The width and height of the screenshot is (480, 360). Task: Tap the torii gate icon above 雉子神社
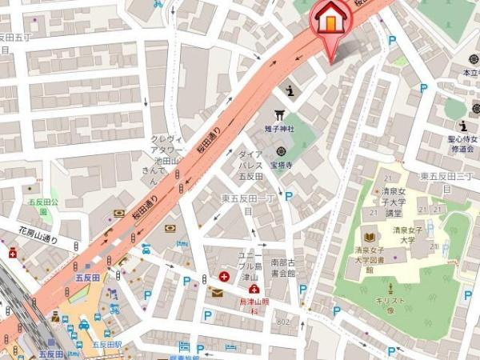(x=280, y=114)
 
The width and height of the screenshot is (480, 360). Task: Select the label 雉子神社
(x=280, y=128)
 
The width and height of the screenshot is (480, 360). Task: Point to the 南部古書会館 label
(x=283, y=267)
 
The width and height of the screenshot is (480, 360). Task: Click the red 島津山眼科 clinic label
(x=253, y=306)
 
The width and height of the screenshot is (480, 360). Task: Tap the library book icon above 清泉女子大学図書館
(x=369, y=237)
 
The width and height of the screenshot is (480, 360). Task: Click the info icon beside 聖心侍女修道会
(x=462, y=126)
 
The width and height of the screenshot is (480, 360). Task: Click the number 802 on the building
(x=282, y=321)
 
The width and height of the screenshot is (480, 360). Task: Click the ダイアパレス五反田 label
(x=250, y=165)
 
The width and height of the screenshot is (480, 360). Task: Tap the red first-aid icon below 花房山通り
(x=13, y=254)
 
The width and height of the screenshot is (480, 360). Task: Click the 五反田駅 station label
(x=106, y=344)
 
